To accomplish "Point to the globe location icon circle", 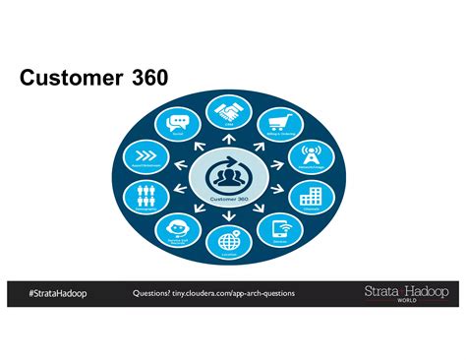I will pos(229,240).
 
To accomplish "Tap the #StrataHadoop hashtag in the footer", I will pos(57,294).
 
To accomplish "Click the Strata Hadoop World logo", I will pos(406,294).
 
